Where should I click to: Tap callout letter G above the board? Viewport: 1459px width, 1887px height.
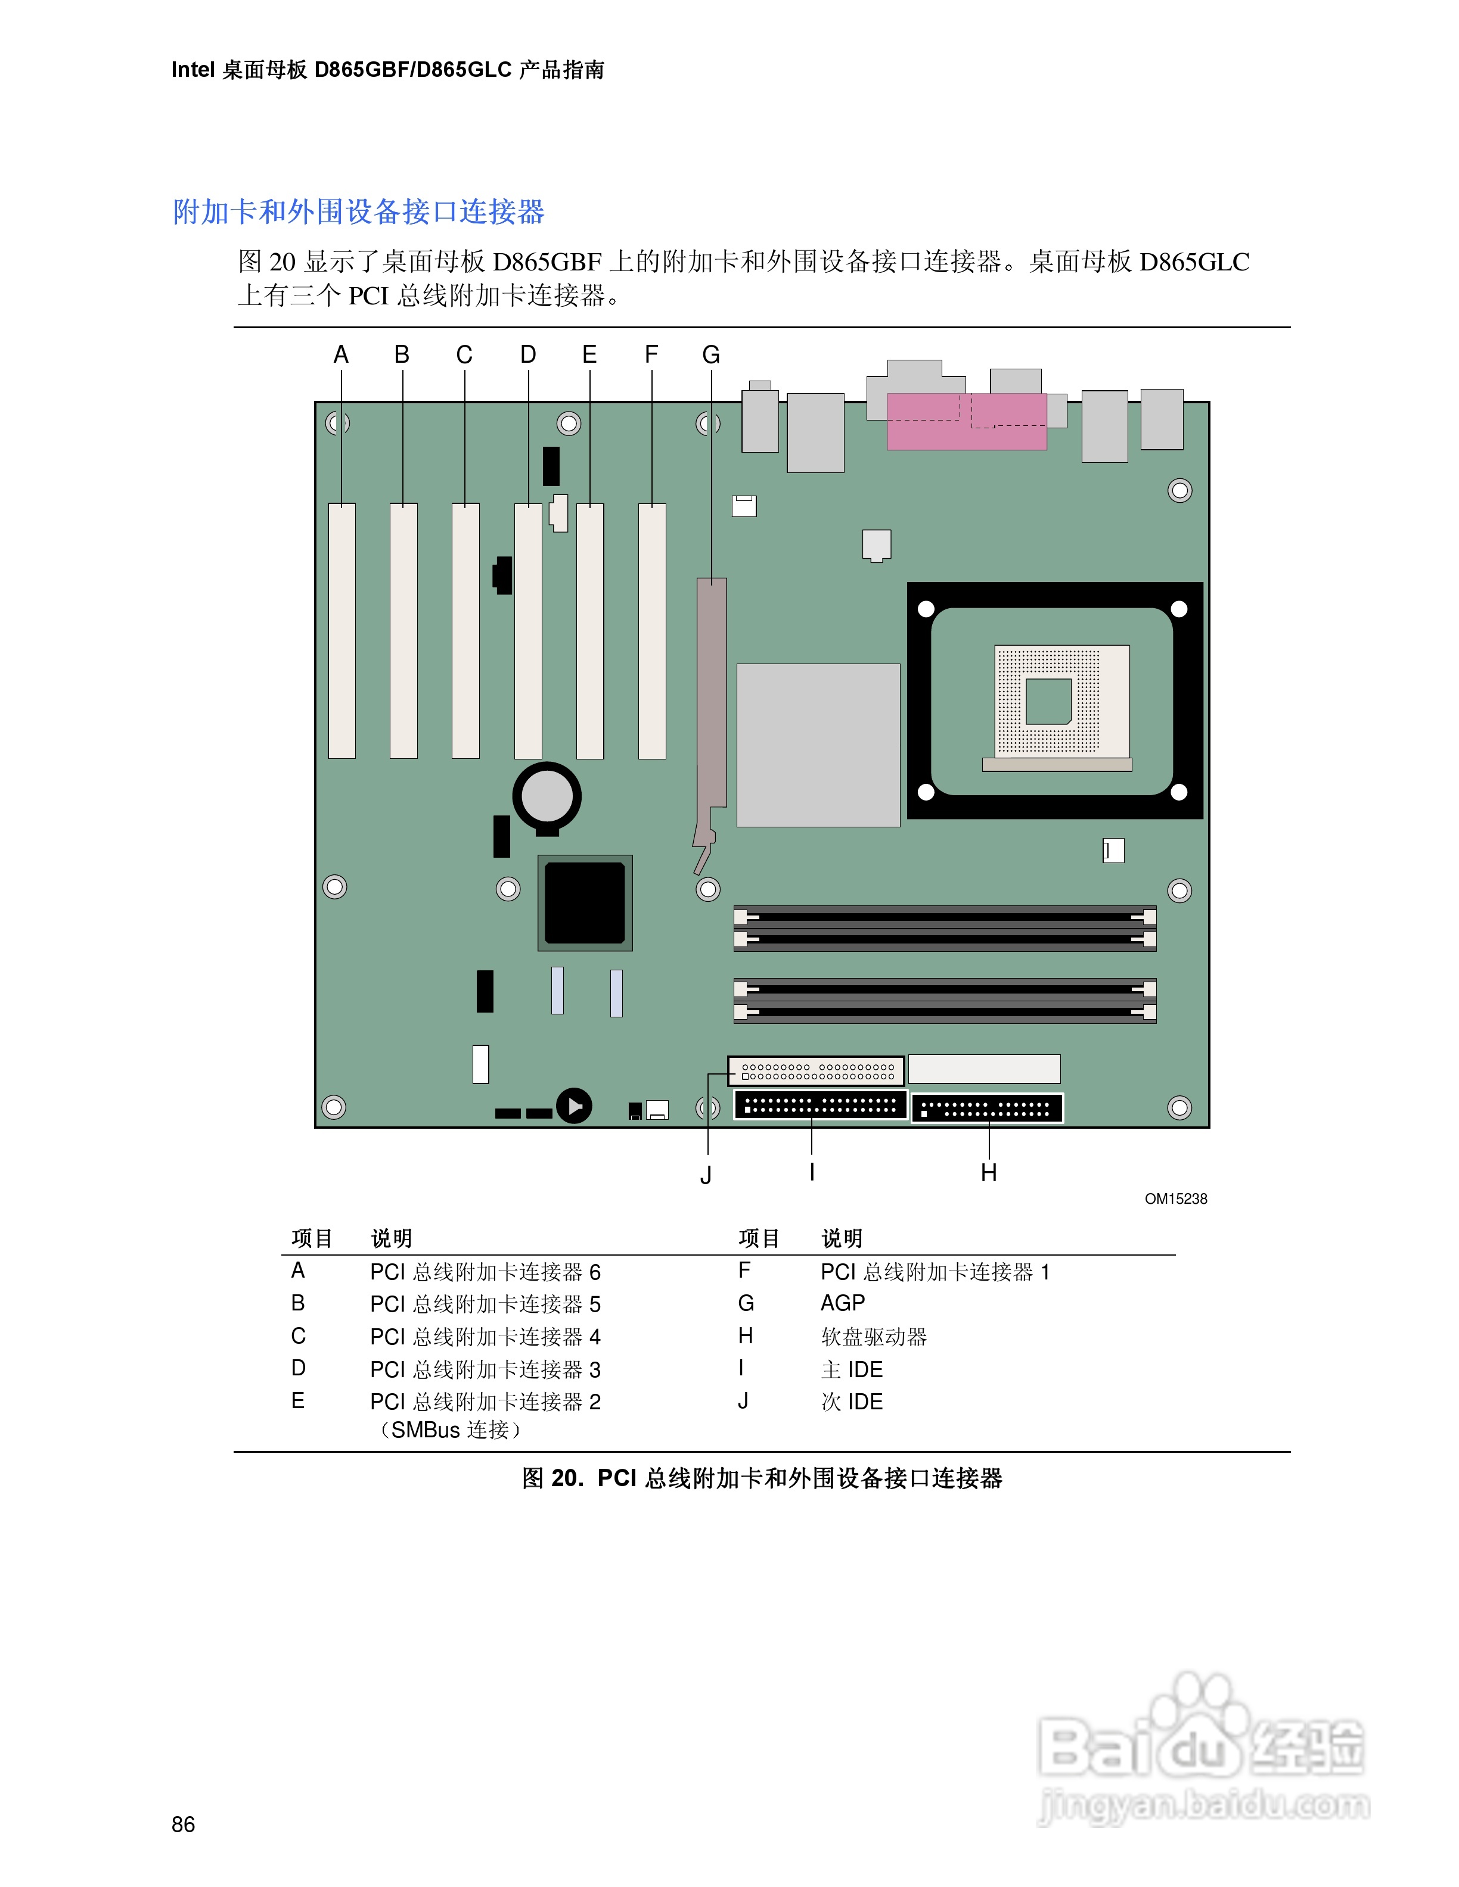[x=710, y=355]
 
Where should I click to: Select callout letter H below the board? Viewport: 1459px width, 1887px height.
[x=989, y=1172]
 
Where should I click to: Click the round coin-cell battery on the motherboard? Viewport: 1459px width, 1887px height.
[x=547, y=795]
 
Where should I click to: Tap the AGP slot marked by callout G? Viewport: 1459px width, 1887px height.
[x=712, y=691]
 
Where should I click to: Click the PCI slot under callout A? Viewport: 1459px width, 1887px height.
[x=342, y=631]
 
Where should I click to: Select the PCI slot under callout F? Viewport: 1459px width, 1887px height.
[x=651, y=631]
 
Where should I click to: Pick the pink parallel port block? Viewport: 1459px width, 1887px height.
[x=966, y=422]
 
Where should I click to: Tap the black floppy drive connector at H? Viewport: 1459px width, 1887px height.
[x=987, y=1108]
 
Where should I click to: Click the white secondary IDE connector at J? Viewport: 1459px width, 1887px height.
[x=816, y=1072]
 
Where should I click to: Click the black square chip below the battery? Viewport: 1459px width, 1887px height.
[x=585, y=903]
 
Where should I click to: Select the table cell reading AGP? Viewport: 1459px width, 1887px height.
[x=843, y=1303]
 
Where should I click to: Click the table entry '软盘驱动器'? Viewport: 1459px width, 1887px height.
[x=873, y=1337]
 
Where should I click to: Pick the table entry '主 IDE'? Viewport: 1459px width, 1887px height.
[x=851, y=1369]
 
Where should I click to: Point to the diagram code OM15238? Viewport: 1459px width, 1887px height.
[x=1175, y=1198]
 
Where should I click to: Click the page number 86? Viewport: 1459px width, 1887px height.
[x=183, y=1824]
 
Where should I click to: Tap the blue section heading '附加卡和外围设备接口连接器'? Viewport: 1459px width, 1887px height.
[x=359, y=211]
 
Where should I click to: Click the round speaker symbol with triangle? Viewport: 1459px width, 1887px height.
[x=574, y=1105]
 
